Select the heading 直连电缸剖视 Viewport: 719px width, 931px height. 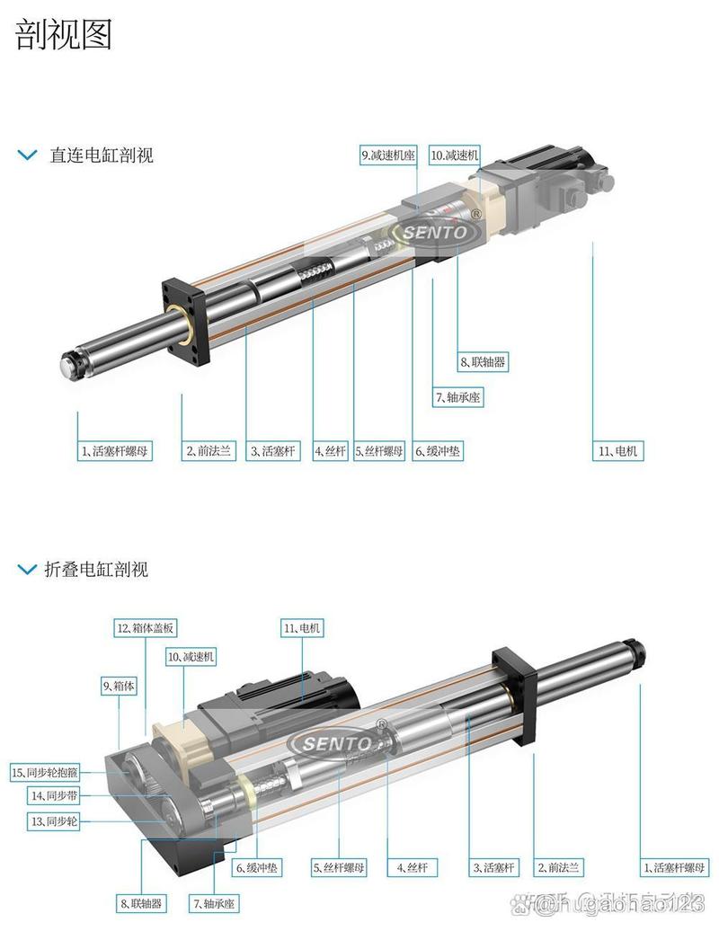101,155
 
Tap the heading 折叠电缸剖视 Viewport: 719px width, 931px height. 95,570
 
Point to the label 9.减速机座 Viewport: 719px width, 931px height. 388,155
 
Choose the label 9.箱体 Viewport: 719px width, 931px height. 120,687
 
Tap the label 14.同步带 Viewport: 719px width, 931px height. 54,796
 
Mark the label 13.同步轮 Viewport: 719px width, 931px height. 54,821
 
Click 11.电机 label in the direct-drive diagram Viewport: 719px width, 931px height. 618,451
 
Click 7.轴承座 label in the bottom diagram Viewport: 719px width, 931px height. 214,903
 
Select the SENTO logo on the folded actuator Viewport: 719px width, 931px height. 336,743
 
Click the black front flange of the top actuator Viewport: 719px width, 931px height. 185,319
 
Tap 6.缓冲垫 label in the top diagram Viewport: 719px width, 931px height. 439,451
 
